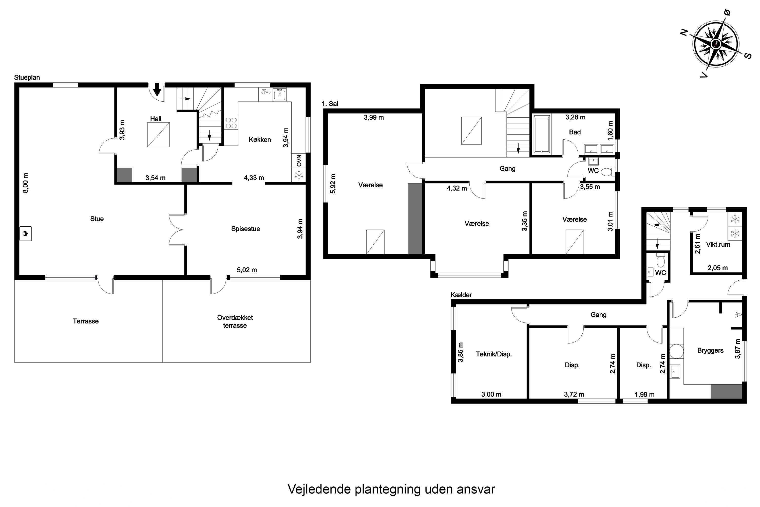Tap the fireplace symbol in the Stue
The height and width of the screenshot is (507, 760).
(26, 233)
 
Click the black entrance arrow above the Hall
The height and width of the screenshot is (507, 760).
(157, 89)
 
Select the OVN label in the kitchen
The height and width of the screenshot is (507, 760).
(299, 160)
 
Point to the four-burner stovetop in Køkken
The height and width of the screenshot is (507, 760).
(231, 123)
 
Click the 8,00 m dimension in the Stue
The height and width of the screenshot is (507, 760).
(26, 183)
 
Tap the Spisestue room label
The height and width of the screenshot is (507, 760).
(245, 229)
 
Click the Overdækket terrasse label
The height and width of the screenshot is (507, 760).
(235, 321)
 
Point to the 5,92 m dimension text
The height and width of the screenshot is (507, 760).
(333, 184)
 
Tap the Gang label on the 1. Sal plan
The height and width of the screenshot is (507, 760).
(507, 169)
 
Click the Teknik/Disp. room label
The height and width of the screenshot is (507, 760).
(494, 354)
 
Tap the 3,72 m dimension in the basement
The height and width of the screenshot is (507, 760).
(574, 394)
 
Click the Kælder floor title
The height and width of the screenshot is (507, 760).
(461, 295)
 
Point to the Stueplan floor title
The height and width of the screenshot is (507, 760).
(27, 77)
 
